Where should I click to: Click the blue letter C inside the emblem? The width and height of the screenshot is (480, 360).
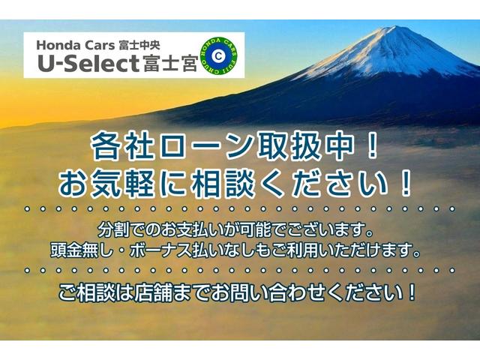click(217, 55)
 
